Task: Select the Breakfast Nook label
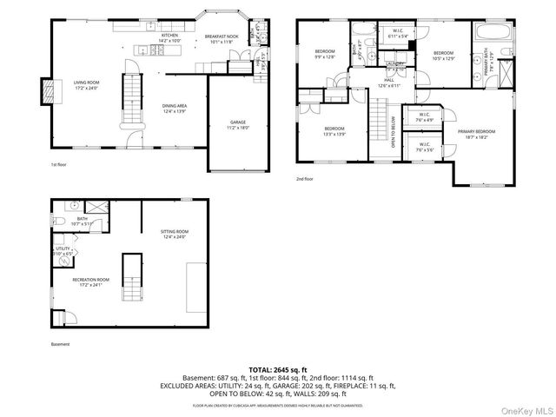pos(222,36)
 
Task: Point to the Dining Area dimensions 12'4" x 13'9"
pos(175,111)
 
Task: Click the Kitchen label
pos(169,36)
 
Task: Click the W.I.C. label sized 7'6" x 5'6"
pos(424,145)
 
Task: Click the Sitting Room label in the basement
pos(175,232)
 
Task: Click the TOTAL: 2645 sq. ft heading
pos(278,368)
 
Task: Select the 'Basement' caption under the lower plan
pos(60,343)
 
